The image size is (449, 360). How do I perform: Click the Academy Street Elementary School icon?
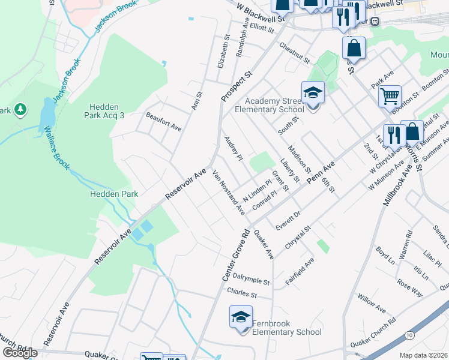click(313, 93)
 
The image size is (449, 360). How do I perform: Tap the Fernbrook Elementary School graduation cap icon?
click(241, 317)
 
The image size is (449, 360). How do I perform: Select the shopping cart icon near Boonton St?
click(390, 95)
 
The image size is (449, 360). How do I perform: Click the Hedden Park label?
click(114, 194)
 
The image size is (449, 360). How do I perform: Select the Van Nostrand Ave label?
click(229, 193)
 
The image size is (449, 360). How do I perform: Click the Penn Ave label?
click(321, 172)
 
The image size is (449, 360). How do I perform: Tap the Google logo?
click(19, 353)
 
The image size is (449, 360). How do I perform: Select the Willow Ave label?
click(372, 303)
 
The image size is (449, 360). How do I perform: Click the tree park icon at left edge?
click(20, 109)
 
